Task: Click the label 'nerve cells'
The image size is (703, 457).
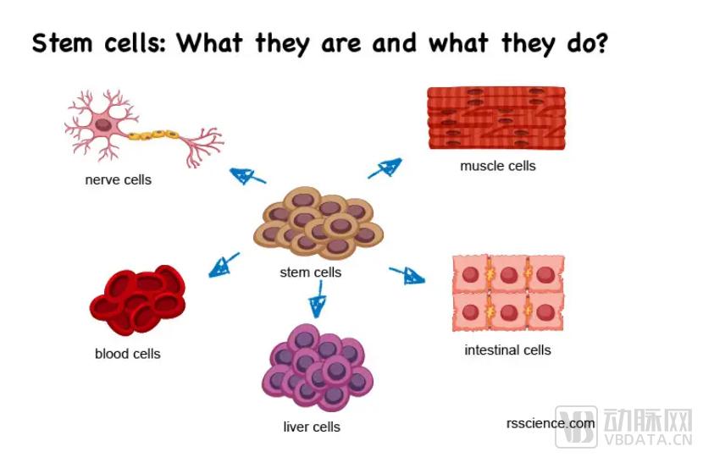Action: (119, 179)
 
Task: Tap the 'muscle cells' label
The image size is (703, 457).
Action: (498, 166)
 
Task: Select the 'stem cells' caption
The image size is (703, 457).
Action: (311, 272)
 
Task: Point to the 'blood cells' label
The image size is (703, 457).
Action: (128, 354)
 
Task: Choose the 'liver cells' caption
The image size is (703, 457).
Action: (312, 427)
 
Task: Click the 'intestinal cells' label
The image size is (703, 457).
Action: (507, 350)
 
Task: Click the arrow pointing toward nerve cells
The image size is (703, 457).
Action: (247, 176)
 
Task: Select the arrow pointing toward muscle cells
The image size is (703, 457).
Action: (385, 168)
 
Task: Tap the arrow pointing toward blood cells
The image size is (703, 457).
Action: (224, 265)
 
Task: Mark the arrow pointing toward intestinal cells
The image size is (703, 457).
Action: (407, 275)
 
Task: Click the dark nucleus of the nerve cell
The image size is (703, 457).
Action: (103, 124)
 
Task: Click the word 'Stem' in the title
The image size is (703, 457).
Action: (63, 43)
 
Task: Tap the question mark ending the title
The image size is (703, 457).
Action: (601, 42)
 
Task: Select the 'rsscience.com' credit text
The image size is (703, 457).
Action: (551, 423)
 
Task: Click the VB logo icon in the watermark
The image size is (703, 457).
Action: (576, 427)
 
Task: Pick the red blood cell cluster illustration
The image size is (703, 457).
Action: (138, 300)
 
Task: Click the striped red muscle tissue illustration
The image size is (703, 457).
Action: (496, 118)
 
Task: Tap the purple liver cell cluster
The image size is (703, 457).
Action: (318, 367)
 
